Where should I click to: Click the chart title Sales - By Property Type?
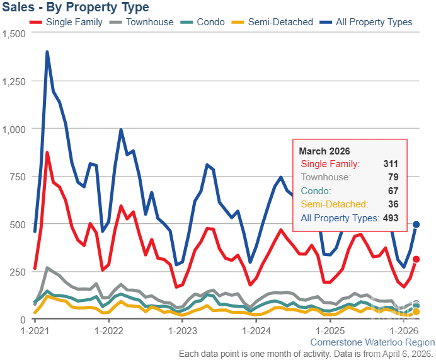click(x=75, y=8)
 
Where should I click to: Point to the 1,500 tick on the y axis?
click(x=13, y=33)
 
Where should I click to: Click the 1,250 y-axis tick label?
click(x=13, y=81)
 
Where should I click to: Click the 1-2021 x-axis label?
click(x=35, y=330)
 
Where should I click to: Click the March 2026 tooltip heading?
click(x=324, y=151)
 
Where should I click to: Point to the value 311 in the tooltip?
click(x=391, y=164)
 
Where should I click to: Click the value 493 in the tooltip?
click(x=391, y=218)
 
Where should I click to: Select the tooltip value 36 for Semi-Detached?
click(x=393, y=204)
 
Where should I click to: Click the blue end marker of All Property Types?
click(x=416, y=224)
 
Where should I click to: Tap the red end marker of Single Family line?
click(x=416, y=259)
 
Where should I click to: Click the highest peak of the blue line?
click(x=47, y=52)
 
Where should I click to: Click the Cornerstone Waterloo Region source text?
click(x=372, y=342)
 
